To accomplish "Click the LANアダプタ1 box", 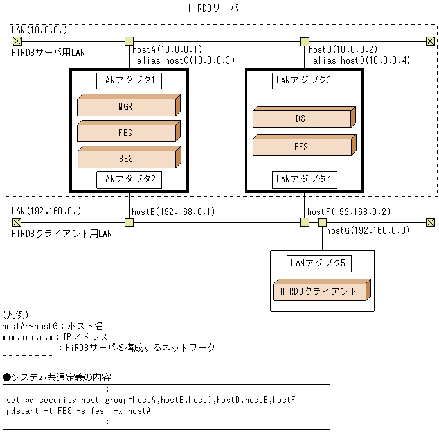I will tap(129, 80).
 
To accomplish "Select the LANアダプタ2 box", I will tap(129, 179).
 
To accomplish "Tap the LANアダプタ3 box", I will tap(304, 80).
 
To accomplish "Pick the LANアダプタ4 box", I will tap(304, 179).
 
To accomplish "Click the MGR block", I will tap(126, 107).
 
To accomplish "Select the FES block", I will tap(126, 132).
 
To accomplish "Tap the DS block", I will tap(301, 119).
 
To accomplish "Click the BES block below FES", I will tap(126, 158).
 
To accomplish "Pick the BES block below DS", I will tap(301, 146).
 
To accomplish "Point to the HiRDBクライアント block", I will tap(319, 291).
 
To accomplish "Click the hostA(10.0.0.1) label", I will tap(167, 49).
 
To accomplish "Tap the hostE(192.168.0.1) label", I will tap(173, 212).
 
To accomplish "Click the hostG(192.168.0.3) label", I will tap(368, 230).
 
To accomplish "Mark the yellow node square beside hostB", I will tap(305, 42).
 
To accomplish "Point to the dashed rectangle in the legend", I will tap(28, 349).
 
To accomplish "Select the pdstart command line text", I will tap(78, 411).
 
